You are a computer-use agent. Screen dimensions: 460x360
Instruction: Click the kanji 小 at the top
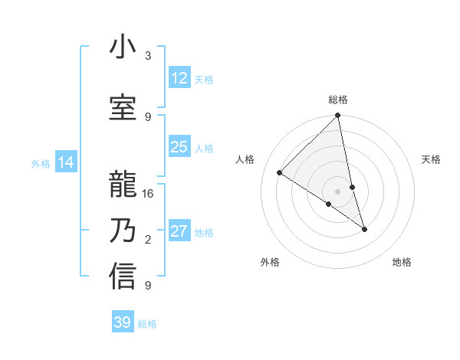click(123, 48)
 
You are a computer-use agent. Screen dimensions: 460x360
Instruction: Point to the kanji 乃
click(123, 231)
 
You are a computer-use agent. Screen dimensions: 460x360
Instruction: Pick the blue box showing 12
click(179, 78)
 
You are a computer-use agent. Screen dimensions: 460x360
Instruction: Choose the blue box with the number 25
click(179, 147)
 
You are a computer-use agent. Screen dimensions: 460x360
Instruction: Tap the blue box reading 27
click(179, 231)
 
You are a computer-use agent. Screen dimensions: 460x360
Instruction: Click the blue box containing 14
click(66, 162)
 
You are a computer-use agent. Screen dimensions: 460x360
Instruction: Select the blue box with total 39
click(122, 322)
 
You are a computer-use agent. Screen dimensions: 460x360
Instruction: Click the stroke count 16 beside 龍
click(148, 194)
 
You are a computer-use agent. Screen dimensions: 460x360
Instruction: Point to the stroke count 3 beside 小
click(148, 56)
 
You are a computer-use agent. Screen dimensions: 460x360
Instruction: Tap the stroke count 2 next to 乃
click(148, 240)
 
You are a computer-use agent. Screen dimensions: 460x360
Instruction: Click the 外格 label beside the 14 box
click(40, 163)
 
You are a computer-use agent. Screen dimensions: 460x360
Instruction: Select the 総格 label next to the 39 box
click(147, 324)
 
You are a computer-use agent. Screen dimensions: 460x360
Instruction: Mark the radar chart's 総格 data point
click(337, 116)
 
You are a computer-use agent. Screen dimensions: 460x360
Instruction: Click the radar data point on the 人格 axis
click(280, 173)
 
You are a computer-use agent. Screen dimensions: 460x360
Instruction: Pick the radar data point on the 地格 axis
click(364, 229)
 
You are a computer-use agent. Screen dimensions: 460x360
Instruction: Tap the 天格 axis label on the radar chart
click(431, 159)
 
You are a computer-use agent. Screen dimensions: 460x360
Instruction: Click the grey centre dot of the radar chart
click(337, 191)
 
